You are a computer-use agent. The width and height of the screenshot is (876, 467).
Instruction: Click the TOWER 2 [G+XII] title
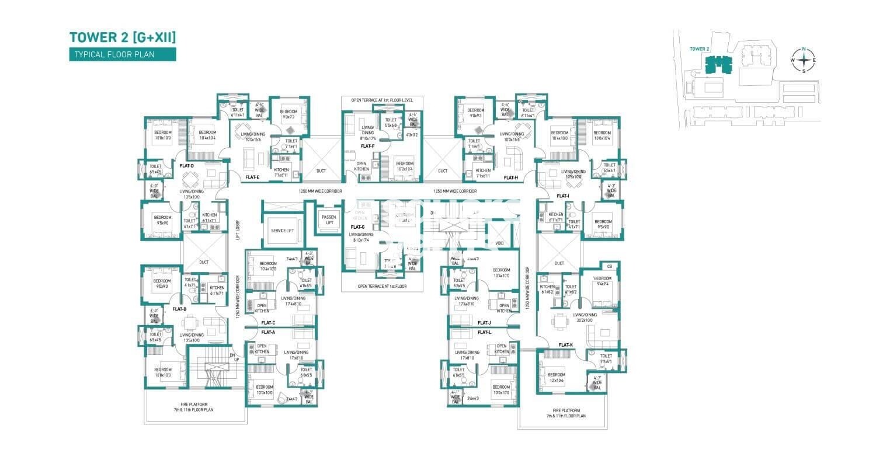point(122,38)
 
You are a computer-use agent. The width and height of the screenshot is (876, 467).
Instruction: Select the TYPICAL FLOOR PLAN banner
point(122,55)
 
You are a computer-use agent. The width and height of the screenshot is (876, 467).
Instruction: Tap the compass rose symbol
point(804,60)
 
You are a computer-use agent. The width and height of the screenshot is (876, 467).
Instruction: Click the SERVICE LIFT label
point(283,230)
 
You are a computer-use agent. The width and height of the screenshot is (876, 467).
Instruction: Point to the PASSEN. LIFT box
point(329,219)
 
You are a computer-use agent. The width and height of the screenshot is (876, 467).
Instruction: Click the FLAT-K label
point(565,344)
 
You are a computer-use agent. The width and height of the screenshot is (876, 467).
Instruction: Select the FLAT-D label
point(187,166)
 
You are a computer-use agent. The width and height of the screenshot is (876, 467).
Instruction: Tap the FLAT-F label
point(367,146)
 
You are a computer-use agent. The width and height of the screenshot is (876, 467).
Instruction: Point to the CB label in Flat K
point(609,266)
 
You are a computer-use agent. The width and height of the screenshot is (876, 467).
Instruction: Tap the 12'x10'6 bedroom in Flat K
point(557,377)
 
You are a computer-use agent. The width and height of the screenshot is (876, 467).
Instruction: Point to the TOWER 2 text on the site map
point(698,49)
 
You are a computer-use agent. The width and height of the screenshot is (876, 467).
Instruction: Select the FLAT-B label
point(179,309)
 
